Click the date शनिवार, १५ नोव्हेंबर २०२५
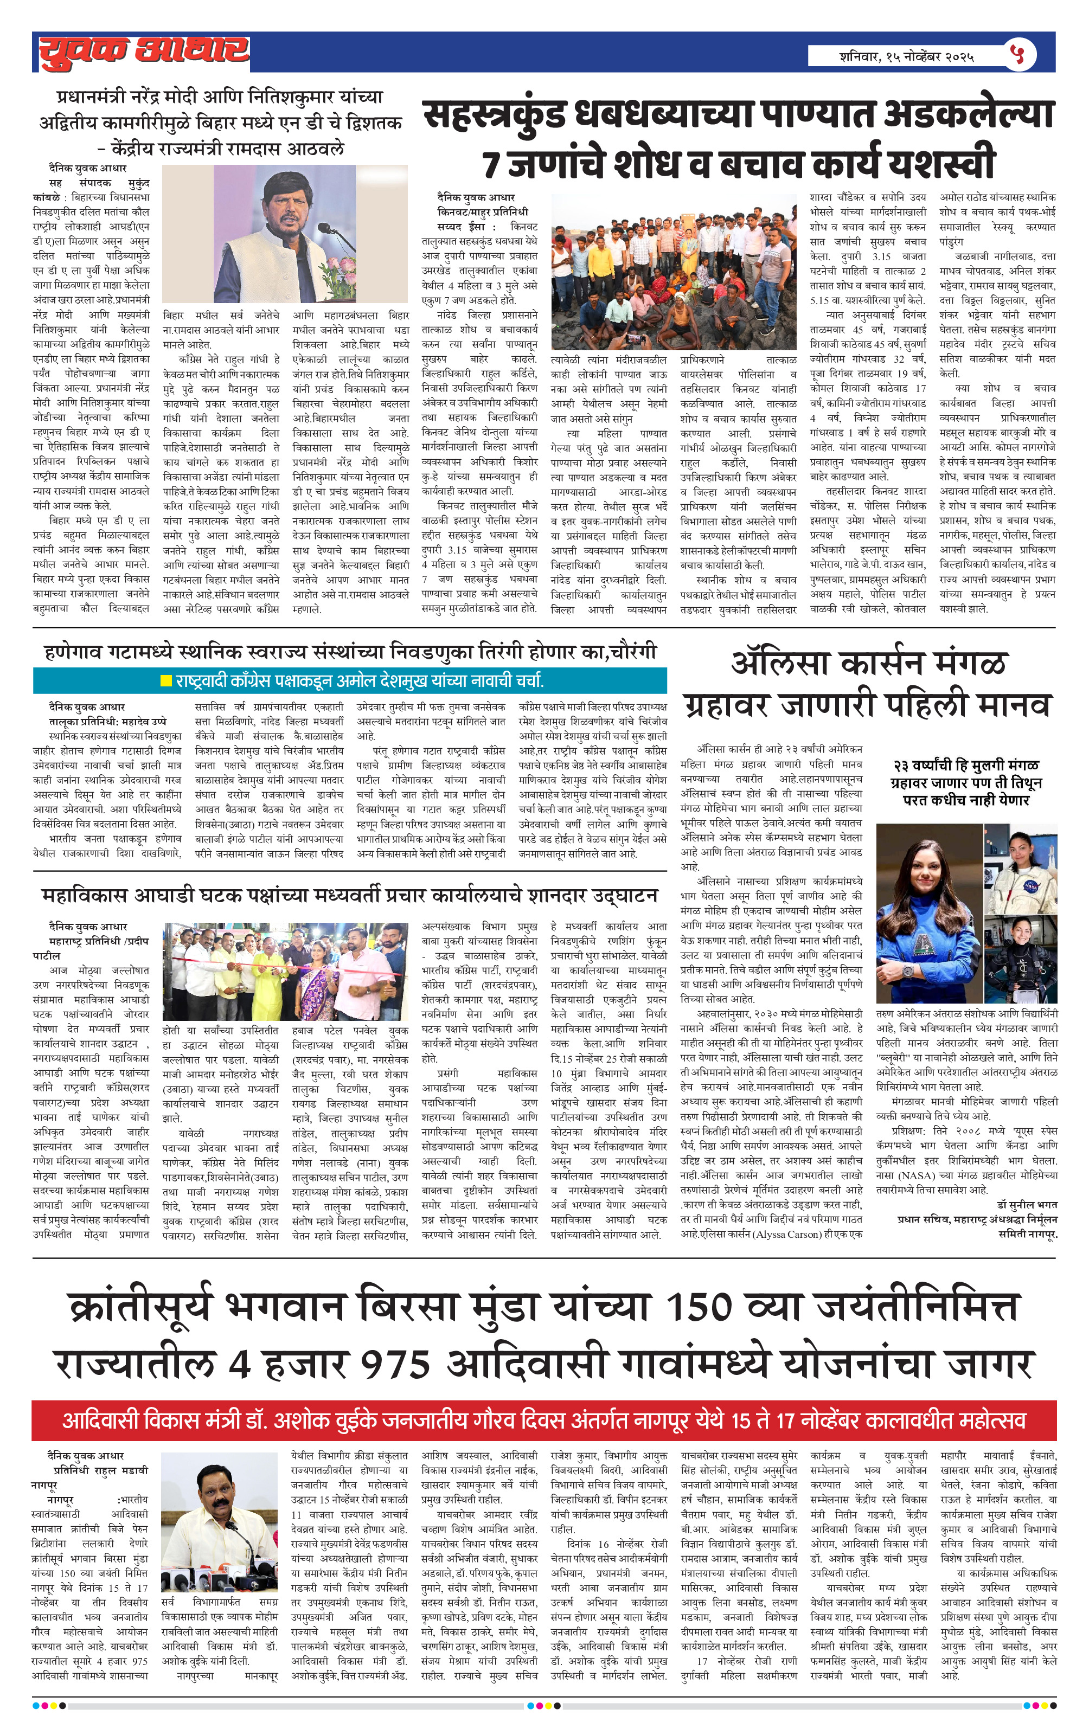pos(907,56)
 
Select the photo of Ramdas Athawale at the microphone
pos(285,234)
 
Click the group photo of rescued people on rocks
pos(673,273)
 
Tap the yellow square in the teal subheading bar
pos(166,680)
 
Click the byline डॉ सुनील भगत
pos(1027,1204)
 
